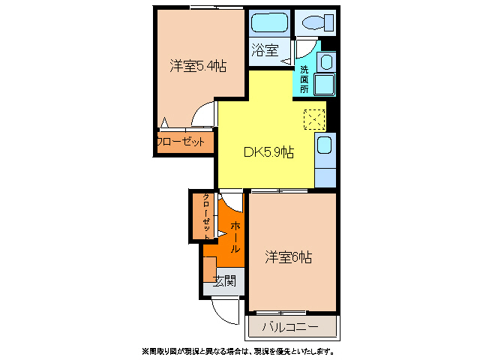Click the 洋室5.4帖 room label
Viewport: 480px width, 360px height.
coord(198,66)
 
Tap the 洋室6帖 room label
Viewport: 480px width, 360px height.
coord(288,257)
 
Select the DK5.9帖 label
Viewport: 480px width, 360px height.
coord(268,151)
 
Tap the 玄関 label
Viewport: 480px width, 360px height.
coord(223,281)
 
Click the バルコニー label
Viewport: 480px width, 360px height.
coord(290,327)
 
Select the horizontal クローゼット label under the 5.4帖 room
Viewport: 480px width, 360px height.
coord(181,142)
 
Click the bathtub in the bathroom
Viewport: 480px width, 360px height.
coord(269,23)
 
